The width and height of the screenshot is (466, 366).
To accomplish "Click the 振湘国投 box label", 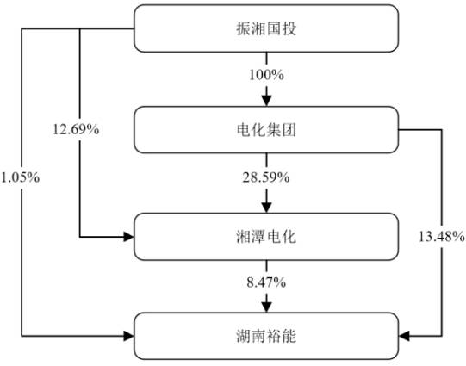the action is (266, 28).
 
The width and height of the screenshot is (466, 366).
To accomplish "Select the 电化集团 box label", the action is (266, 130).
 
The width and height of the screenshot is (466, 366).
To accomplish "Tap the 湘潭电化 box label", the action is (266, 237).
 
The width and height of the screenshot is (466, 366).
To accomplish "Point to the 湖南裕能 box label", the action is (266, 336).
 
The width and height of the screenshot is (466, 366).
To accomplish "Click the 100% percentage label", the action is (266, 75).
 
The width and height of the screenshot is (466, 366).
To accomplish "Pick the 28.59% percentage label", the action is (266, 177).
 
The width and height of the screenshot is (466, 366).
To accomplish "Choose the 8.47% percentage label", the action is (266, 282).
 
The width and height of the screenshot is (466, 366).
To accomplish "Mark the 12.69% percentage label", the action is (76, 129).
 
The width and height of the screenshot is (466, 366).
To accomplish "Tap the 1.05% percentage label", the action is (20, 177).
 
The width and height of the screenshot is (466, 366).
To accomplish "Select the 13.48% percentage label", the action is (442, 237).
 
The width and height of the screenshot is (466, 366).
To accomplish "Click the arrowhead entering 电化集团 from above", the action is (266, 101).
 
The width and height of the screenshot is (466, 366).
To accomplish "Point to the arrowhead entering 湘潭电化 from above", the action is (266, 208).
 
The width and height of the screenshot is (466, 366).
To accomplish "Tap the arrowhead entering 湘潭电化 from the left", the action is (129, 237).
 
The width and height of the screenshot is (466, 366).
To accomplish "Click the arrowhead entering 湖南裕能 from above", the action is (266, 307).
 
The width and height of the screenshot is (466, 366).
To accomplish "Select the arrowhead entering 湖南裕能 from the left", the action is (129, 336).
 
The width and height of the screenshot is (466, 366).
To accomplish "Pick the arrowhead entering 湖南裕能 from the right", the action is (404, 336).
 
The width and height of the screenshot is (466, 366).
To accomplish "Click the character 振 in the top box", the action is (244, 28).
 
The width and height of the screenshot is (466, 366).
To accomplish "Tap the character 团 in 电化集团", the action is (289, 130).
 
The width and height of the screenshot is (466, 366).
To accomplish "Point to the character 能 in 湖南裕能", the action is (289, 336).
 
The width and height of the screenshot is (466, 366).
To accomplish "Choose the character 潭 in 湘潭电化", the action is (258, 237).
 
